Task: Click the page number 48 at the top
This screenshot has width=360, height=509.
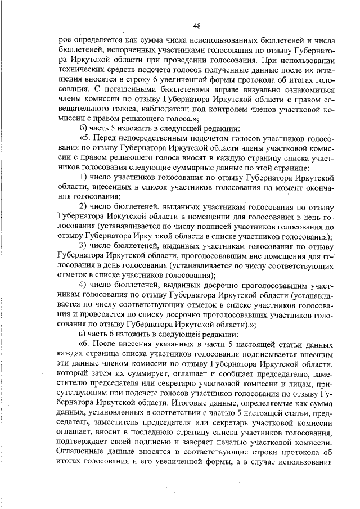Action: (197, 25)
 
